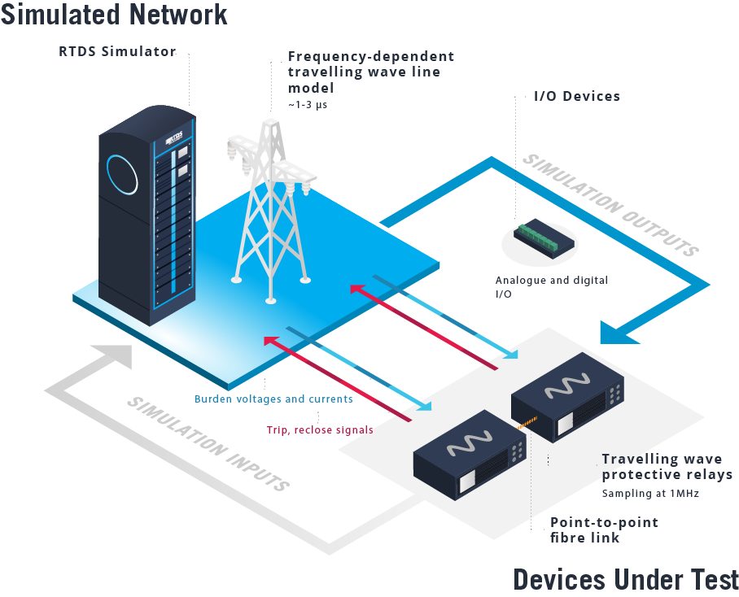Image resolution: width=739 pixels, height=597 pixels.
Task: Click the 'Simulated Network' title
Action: click(x=114, y=15)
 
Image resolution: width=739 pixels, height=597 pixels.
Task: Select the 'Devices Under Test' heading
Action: click(x=625, y=578)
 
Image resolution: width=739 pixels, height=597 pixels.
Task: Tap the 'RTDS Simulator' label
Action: click(x=117, y=51)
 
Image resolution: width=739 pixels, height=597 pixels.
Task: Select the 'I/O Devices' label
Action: click(x=576, y=96)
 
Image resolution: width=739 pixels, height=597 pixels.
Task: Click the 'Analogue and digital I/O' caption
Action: click(x=551, y=286)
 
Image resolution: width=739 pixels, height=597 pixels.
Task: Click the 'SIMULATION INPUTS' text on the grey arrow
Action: click(x=207, y=444)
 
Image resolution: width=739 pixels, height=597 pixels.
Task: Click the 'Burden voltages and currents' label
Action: click(x=273, y=399)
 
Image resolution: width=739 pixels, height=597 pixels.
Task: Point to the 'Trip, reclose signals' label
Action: click(x=320, y=429)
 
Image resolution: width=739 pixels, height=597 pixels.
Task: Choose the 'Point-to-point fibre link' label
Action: click(x=604, y=529)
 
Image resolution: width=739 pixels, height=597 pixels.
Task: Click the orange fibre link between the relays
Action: click(x=527, y=422)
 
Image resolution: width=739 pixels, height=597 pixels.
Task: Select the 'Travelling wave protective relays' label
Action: click(x=667, y=466)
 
